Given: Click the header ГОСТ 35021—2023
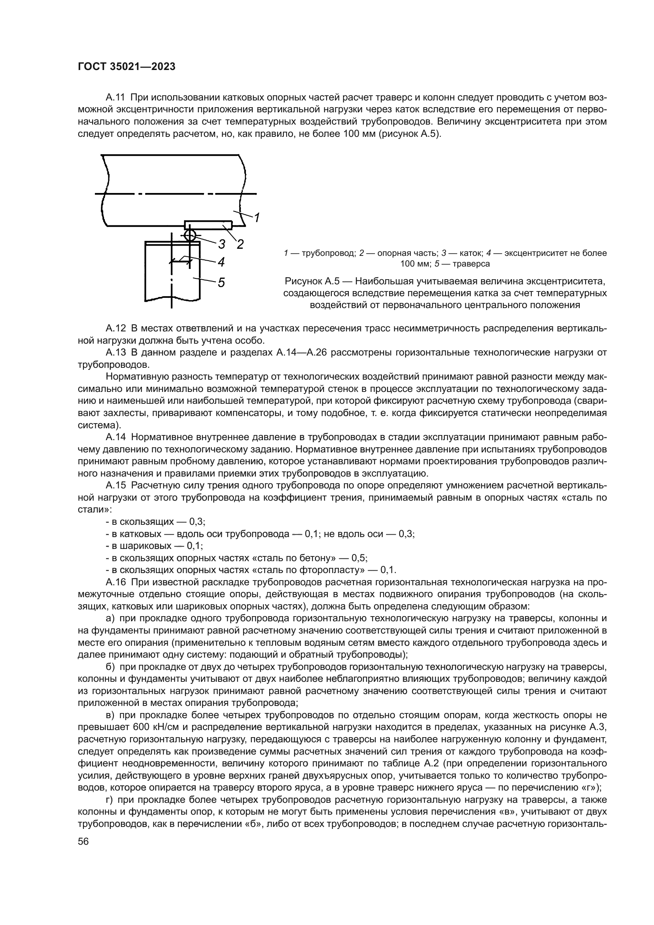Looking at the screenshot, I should [x=127, y=67].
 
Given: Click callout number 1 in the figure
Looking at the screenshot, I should [x=257, y=218].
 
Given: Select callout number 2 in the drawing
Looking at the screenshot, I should [x=240, y=244].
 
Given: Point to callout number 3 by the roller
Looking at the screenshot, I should [x=221, y=244].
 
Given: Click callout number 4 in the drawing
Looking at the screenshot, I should [x=221, y=262].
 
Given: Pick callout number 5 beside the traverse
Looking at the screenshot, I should [x=221, y=283].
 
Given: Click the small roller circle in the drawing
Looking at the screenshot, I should [x=190, y=235].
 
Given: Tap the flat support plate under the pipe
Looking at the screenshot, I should [x=208, y=224].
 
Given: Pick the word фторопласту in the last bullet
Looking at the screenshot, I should [x=333, y=570].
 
